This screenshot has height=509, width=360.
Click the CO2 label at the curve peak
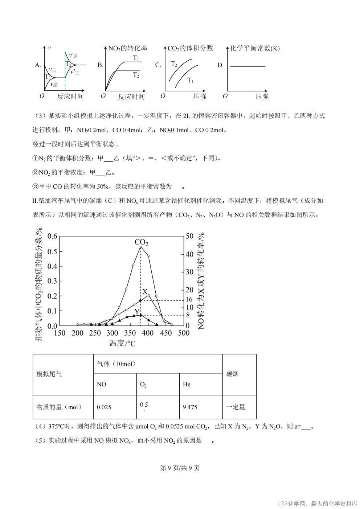pyautogui.click(x=141, y=242)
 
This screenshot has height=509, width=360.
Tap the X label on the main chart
pyautogui.click(x=145, y=292)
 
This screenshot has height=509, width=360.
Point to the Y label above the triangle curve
pyautogui.click(x=137, y=312)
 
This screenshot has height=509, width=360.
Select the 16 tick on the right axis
pyautogui.click(x=189, y=300)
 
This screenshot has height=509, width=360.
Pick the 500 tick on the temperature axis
pyautogui.click(x=184, y=333)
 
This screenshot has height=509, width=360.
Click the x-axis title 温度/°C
pyautogui.click(x=122, y=343)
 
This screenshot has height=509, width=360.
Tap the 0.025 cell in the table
pyautogui.click(x=104, y=407)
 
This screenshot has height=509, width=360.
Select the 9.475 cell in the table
pyautogui.click(x=190, y=407)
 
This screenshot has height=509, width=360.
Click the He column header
pyautogui.click(x=187, y=384)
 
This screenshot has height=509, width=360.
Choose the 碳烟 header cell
pyautogui.click(x=233, y=374)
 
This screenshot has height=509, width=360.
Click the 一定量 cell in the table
pyautogui.click(x=236, y=407)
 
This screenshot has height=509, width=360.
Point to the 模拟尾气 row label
pyautogui.click(x=49, y=374)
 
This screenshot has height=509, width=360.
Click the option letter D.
pyautogui.click(x=220, y=65)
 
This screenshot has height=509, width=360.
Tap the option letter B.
pyautogui.click(x=101, y=65)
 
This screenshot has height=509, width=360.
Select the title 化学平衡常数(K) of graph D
pyautogui.click(x=255, y=49)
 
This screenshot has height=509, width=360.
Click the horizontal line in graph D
pyautogui.click(x=248, y=67)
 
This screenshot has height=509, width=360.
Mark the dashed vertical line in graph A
pyautogui.click(x=65, y=73)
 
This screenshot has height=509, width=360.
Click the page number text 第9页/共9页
pyautogui.click(x=180, y=468)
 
